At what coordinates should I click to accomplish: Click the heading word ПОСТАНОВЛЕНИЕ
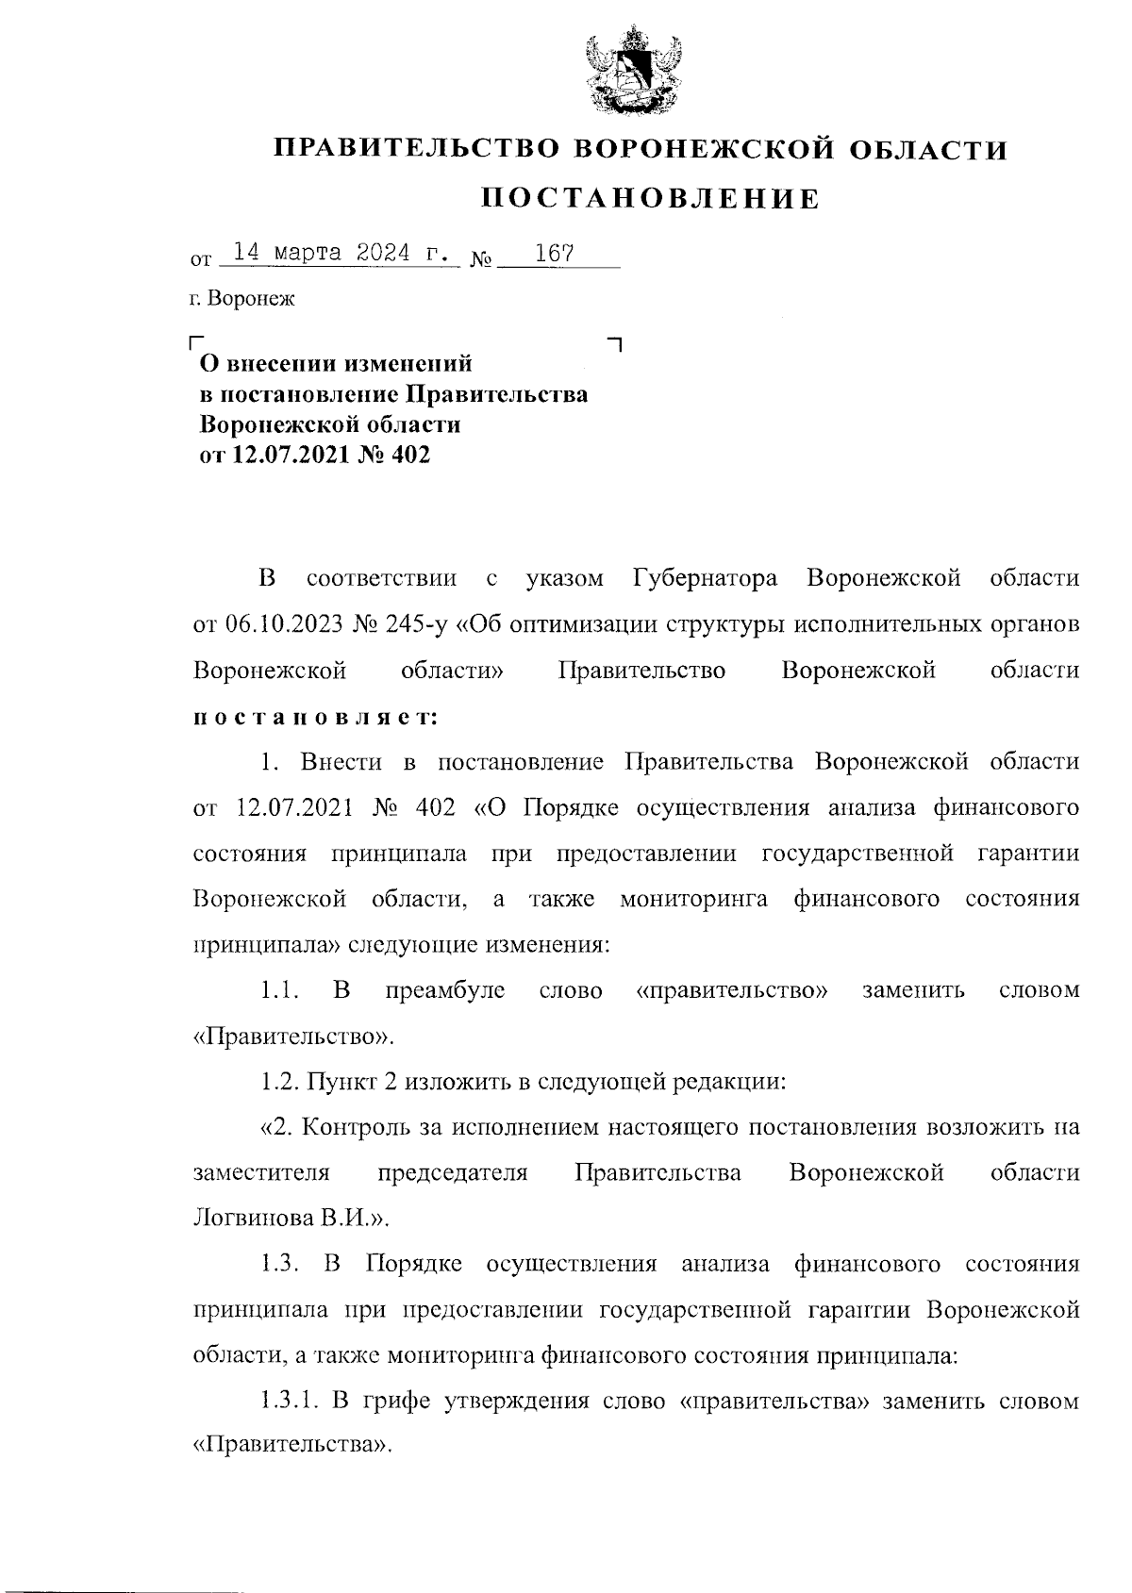[651, 198]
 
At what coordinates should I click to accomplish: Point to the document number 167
[555, 254]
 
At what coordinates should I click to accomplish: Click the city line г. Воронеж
[241, 300]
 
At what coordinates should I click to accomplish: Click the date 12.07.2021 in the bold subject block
[287, 456]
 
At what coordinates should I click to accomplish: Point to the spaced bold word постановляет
[315, 717]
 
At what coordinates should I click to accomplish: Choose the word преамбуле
[445, 990]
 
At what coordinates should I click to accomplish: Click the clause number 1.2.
[280, 1081]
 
